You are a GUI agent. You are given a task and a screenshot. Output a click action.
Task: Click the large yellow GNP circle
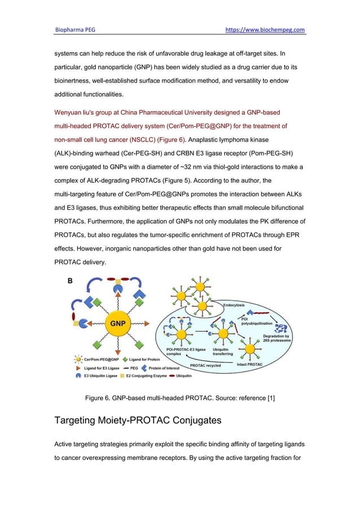117,323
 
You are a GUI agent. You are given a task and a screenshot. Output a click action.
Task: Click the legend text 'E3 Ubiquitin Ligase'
100,375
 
